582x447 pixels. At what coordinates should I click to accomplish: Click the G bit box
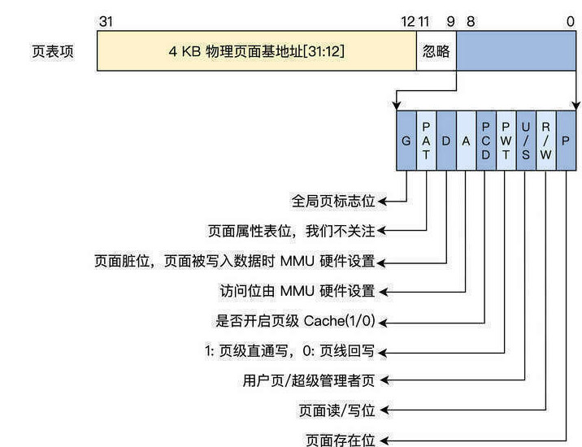click(406, 141)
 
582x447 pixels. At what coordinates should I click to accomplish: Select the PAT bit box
click(426, 141)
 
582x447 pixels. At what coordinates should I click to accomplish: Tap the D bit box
click(446, 141)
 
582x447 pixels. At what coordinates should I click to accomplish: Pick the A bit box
click(466, 141)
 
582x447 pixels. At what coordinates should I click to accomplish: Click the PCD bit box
click(486, 141)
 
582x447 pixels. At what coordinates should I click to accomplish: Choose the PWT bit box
click(506, 141)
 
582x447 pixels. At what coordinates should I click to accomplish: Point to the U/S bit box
click(526, 141)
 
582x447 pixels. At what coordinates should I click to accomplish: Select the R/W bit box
click(546, 141)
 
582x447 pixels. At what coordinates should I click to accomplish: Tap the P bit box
click(566, 141)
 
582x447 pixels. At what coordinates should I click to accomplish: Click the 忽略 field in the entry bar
click(436, 51)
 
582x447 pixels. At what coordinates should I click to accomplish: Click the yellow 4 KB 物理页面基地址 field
click(256, 51)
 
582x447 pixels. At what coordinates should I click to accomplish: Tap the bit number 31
click(106, 21)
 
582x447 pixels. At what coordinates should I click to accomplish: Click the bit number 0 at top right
click(571, 21)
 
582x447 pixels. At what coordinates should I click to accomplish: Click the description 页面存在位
click(341, 440)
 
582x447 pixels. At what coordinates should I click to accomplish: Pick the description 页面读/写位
click(337, 410)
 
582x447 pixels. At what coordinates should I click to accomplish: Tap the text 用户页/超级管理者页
click(310, 380)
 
